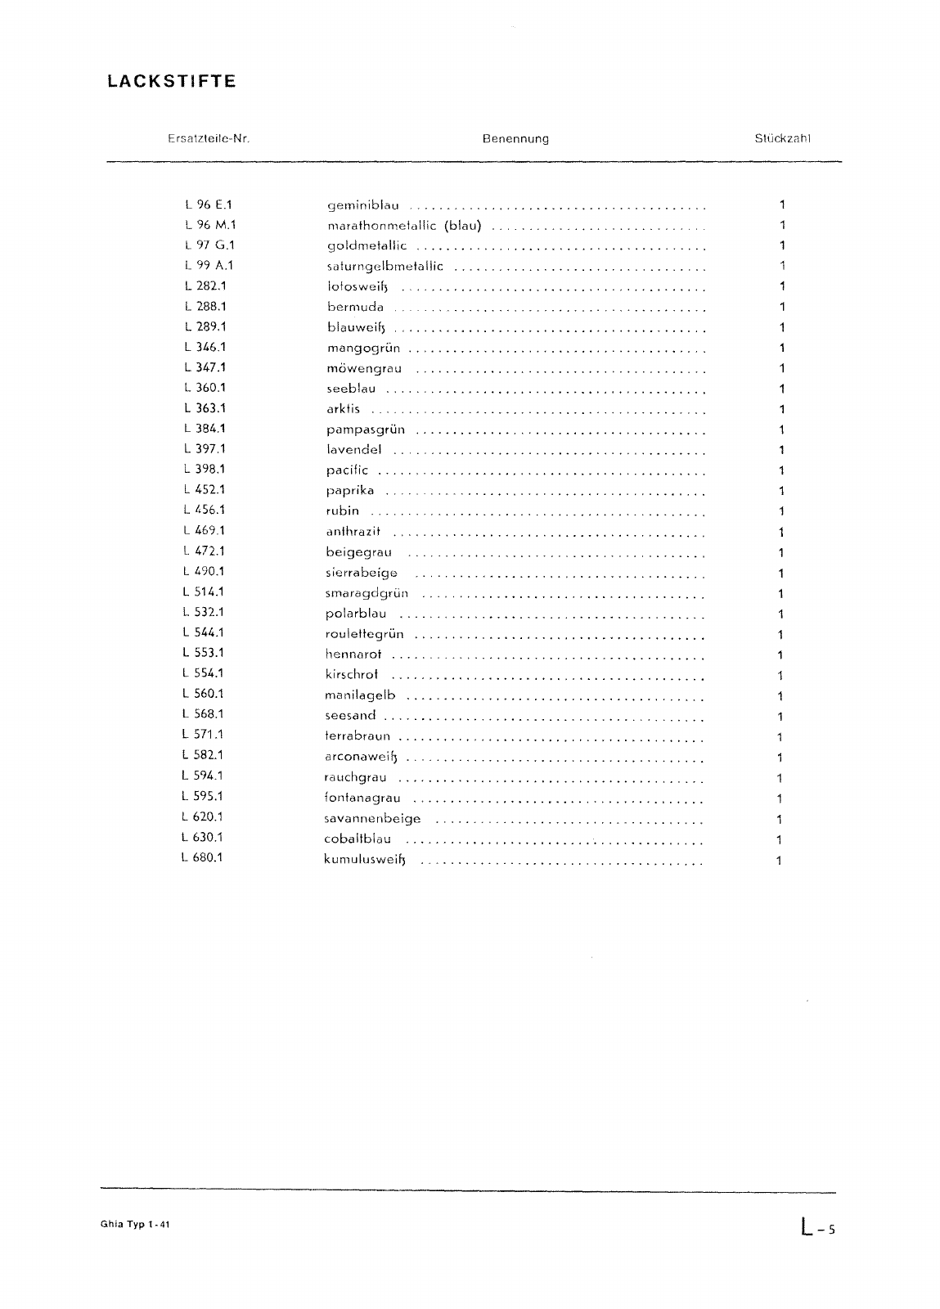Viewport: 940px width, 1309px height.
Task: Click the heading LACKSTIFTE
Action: pyautogui.click(x=171, y=82)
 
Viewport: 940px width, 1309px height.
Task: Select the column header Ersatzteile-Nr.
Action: pyautogui.click(x=208, y=139)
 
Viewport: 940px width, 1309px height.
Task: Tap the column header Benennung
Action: pyautogui.click(x=515, y=139)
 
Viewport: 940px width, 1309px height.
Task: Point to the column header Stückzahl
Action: pyautogui.click(x=782, y=139)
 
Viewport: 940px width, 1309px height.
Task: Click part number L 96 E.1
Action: pyautogui.click(x=209, y=205)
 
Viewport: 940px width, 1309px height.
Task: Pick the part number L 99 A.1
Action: pyautogui.click(x=209, y=265)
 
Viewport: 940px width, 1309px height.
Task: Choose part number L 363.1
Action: pyautogui.click(x=205, y=408)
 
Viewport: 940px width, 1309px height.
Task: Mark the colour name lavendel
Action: pyautogui.click(x=353, y=449)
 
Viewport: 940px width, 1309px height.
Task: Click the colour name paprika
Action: pyautogui.click(x=350, y=490)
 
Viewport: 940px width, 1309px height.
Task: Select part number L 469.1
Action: pyautogui.click(x=205, y=530)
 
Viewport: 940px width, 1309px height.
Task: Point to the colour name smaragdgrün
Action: pyautogui.click(x=367, y=593)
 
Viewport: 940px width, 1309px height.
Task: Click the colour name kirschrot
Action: pyautogui.click(x=352, y=675)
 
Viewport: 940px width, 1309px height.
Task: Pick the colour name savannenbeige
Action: pyautogui.click(x=372, y=818)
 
